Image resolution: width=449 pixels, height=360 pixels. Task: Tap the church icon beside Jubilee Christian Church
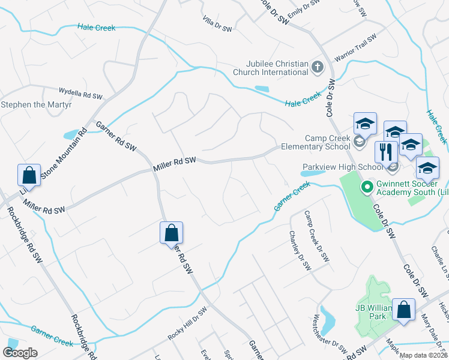pos(319,68)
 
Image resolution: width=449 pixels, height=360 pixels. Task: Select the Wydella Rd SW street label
pos(81,93)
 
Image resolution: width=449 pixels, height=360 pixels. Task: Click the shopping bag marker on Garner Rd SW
pos(171,232)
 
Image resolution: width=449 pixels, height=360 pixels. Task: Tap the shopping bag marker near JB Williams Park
pos(405,310)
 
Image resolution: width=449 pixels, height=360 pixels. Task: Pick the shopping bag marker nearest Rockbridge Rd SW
pos(29,175)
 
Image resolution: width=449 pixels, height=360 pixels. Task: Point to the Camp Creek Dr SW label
pos(316,236)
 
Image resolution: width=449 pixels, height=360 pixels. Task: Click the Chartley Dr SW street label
pos(301,250)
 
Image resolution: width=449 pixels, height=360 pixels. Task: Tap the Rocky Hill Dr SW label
pos(187,325)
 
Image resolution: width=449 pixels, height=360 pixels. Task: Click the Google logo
pos(20,353)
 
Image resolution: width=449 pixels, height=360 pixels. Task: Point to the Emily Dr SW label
pos(303,9)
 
